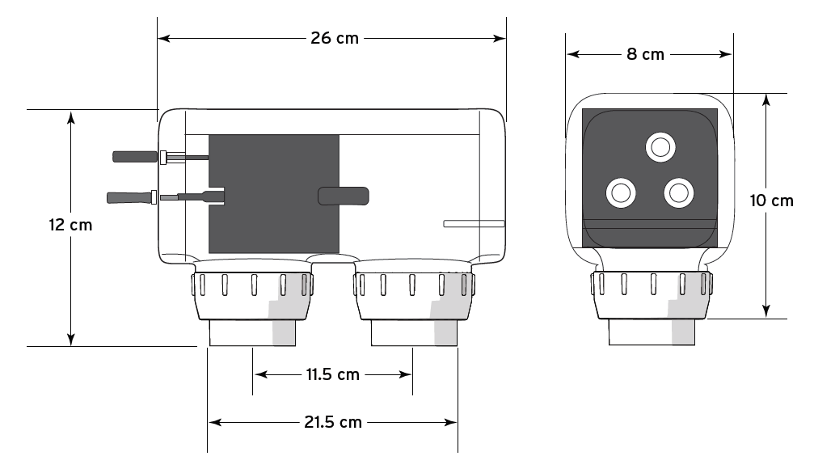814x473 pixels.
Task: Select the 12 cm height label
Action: click(70, 225)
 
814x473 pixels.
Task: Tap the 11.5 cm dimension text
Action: click(332, 374)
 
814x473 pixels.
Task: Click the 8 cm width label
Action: click(646, 54)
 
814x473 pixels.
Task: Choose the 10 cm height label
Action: click(771, 201)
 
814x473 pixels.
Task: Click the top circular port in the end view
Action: click(660, 147)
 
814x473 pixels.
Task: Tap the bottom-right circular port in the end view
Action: click(677, 192)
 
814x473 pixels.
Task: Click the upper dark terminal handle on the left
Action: click(134, 156)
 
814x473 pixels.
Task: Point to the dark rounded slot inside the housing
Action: click(344, 196)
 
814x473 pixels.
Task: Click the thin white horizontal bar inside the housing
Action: click(474, 223)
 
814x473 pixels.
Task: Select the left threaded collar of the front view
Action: click(251, 297)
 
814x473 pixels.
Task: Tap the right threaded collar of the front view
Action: click(413, 297)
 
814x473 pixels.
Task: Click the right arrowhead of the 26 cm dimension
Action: click(500, 38)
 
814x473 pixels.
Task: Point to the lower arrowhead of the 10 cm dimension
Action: click(765, 312)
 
